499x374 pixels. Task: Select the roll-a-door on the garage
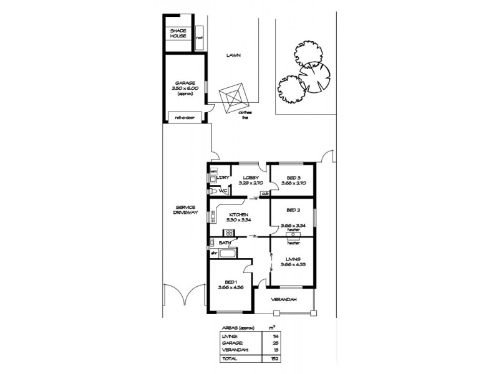pyautogui.click(x=184, y=116)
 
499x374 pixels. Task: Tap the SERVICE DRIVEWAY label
pyautogui.click(x=187, y=210)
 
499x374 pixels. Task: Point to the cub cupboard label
pyautogui.click(x=264, y=193)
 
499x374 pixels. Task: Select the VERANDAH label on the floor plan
pyautogui.click(x=283, y=300)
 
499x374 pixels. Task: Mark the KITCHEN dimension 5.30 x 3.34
pyautogui.click(x=239, y=219)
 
